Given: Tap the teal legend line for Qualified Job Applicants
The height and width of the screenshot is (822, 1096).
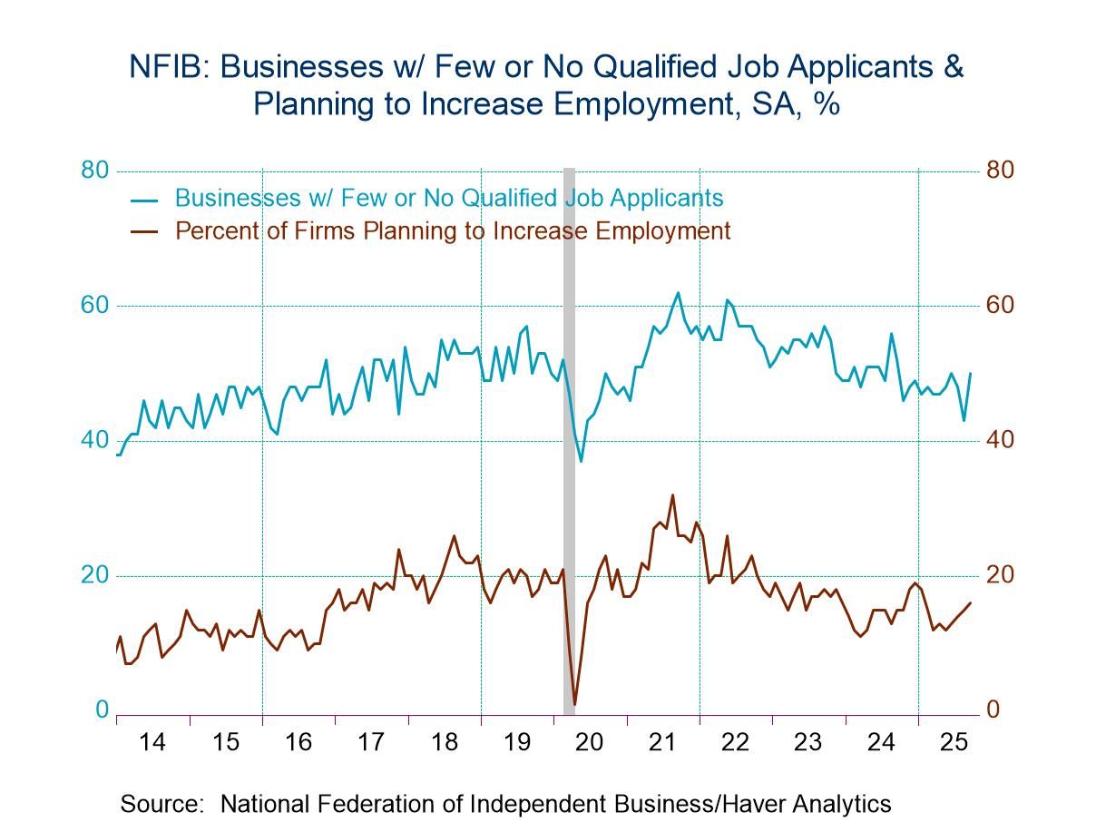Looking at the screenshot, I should [x=144, y=200].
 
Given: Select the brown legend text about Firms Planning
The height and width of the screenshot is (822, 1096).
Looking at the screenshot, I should [x=452, y=230].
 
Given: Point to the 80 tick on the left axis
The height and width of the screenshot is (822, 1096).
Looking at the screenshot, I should [x=94, y=171].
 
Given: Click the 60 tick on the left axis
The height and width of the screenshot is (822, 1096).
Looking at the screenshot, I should [x=94, y=306].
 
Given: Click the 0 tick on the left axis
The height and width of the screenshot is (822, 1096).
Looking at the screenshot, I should [x=102, y=710].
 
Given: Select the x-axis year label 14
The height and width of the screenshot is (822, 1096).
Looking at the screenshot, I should [x=152, y=742].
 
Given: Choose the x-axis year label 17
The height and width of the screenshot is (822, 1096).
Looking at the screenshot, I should [x=370, y=742].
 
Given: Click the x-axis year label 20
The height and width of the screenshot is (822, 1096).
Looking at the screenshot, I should [x=590, y=742].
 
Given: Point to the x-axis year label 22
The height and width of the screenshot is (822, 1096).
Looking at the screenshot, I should [x=735, y=742].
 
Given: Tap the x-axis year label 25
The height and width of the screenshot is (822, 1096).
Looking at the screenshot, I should [x=954, y=742].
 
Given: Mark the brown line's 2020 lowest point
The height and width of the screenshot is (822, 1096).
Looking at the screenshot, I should [x=575, y=704].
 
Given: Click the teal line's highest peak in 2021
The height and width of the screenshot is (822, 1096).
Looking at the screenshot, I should [x=678, y=292].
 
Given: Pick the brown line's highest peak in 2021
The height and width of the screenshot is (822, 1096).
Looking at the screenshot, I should [x=672, y=494].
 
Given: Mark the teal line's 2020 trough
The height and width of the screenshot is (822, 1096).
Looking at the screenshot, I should [x=582, y=461].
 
